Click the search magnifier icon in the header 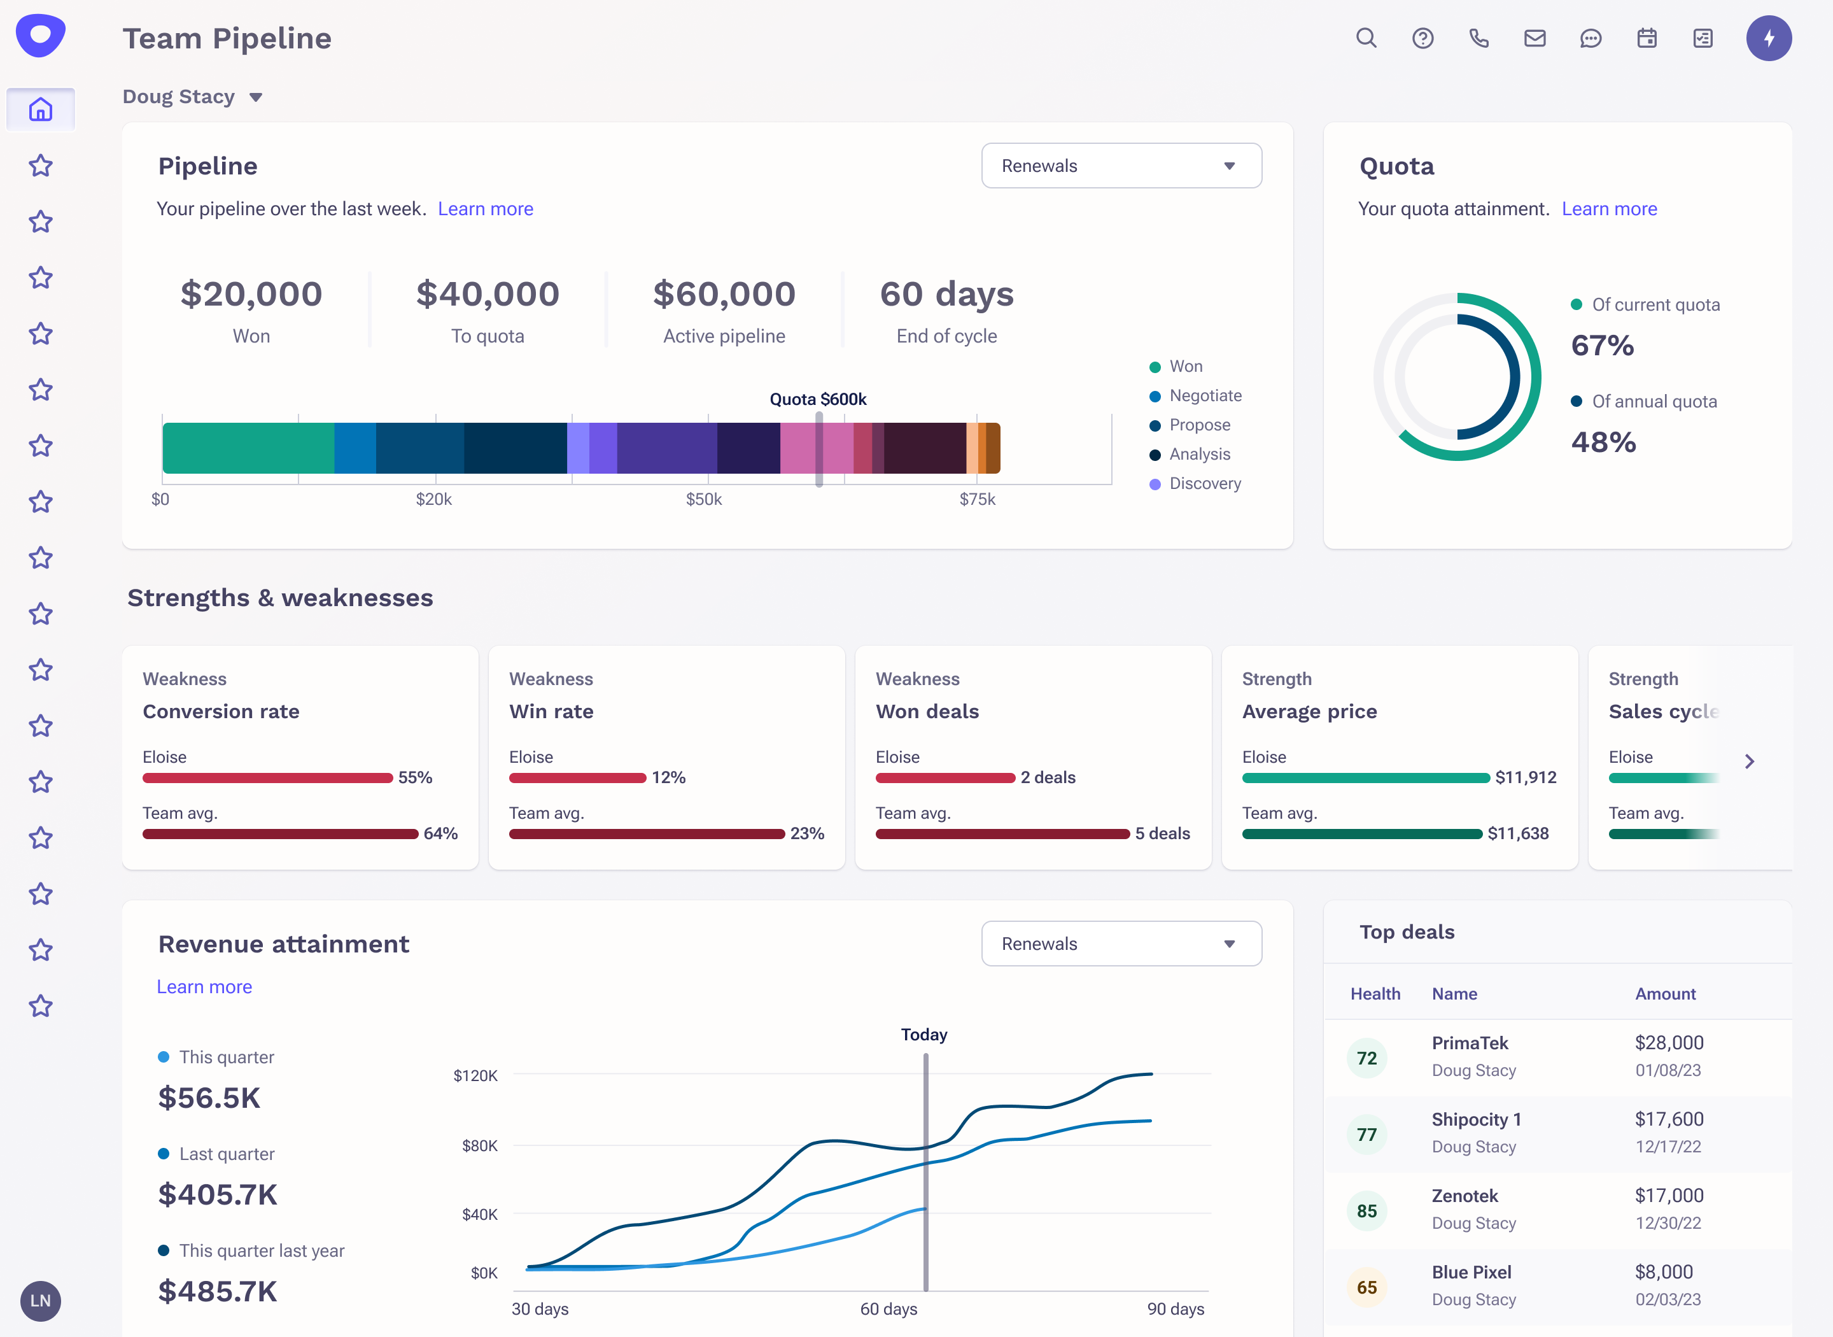(x=1366, y=38)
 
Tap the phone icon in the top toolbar (x=1478, y=38)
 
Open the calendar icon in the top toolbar (x=1647, y=38)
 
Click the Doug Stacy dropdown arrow (x=256, y=97)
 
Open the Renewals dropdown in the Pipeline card (x=1121, y=166)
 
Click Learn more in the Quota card (x=1609, y=209)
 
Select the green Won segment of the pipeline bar (x=248, y=448)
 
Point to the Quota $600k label (x=818, y=399)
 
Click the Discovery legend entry (x=1204, y=483)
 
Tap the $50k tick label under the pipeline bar (x=704, y=499)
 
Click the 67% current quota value (x=1603, y=346)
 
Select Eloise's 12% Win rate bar (x=577, y=778)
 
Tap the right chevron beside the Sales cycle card (x=1750, y=761)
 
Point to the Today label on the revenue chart (x=924, y=1035)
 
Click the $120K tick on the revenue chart (x=475, y=1075)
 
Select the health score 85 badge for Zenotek (x=1367, y=1211)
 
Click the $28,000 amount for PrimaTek (x=1669, y=1042)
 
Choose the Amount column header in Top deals (x=1665, y=994)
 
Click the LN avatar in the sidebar (x=41, y=1301)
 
